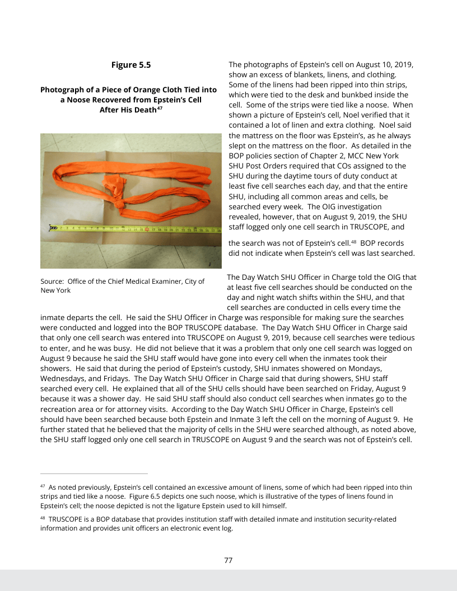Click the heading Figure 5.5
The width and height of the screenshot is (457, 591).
(x=131, y=65)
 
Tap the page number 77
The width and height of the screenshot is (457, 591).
(x=228, y=560)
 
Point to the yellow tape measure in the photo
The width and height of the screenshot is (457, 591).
(x=134, y=228)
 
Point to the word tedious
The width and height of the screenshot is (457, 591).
(x=398, y=337)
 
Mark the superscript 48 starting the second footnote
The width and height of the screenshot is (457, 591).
(x=43, y=518)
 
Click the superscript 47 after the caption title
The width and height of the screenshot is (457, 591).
(x=160, y=108)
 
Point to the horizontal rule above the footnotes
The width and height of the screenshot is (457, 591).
(x=94, y=473)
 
